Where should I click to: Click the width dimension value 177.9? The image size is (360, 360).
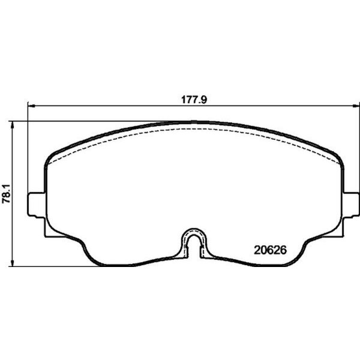click(x=195, y=101)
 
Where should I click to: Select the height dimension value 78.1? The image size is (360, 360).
click(x=7, y=193)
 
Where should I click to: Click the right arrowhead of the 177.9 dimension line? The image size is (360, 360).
click(x=355, y=107)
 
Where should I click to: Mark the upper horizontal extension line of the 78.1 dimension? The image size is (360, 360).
click(x=90, y=120)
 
